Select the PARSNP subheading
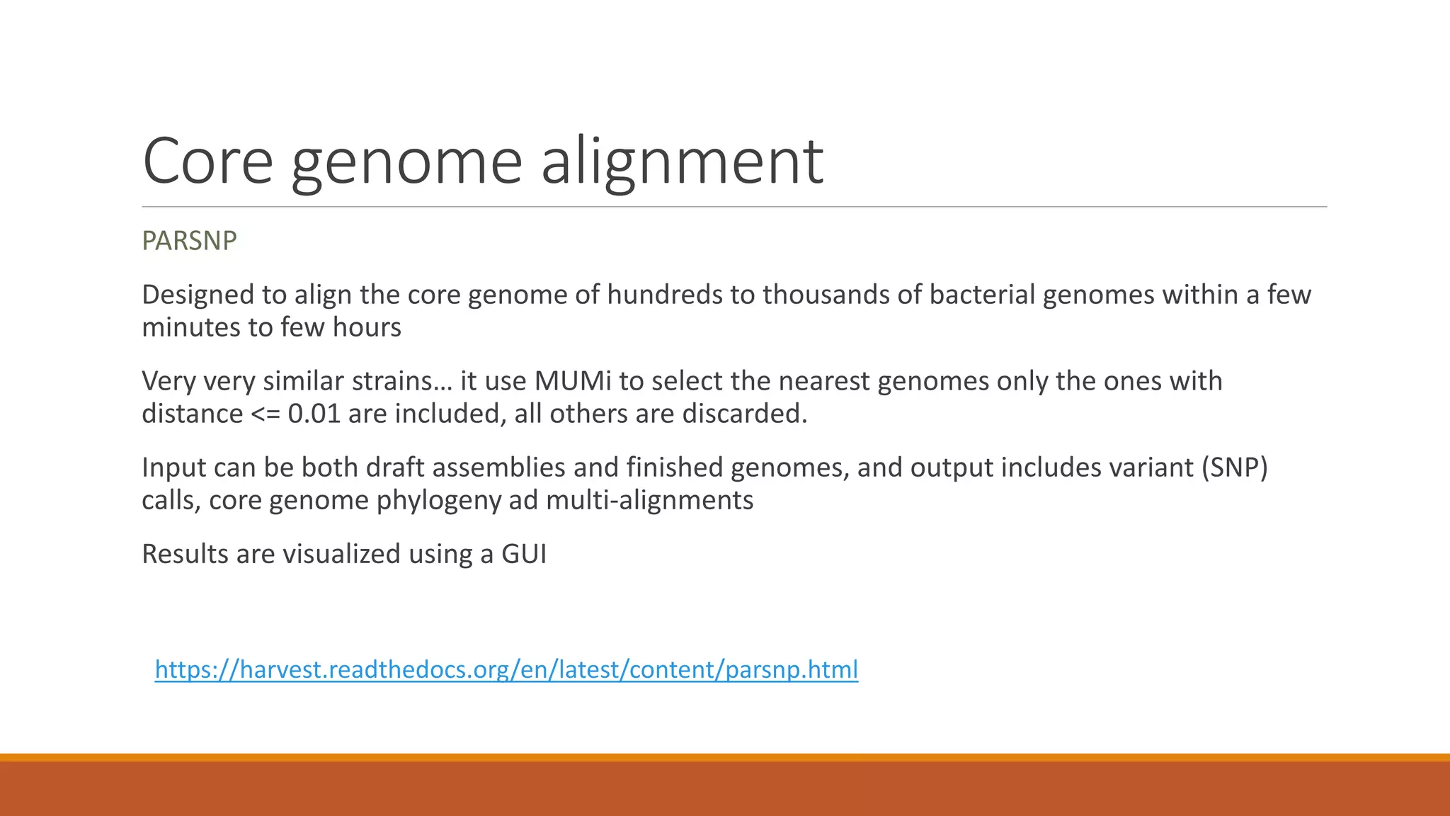point(189,241)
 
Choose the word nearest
point(823,381)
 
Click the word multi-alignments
point(649,500)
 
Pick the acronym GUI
point(524,554)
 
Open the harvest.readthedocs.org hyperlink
point(506,669)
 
